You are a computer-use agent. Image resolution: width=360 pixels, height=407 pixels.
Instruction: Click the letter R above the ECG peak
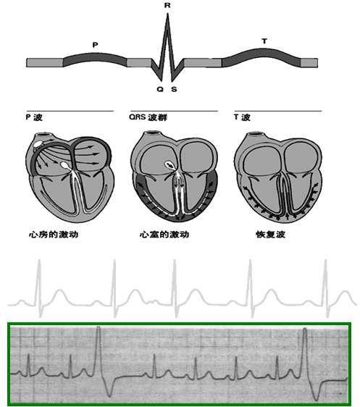[x=167, y=5]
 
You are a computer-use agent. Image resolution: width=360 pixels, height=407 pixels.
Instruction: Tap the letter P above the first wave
[x=96, y=45]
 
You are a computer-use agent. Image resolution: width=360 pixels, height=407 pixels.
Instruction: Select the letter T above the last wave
[x=264, y=41]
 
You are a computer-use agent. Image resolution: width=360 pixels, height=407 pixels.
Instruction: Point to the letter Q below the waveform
[x=160, y=89]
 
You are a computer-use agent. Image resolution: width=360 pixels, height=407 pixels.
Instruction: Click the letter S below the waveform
[x=174, y=89]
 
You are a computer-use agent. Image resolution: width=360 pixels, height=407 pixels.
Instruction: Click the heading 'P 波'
[x=34, y=117]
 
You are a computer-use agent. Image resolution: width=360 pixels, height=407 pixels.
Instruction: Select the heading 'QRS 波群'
[x=148, y=117]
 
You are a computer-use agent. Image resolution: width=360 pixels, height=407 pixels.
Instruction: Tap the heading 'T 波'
[x=242, y=117]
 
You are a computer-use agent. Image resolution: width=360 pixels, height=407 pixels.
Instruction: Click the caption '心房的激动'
[x=54, y=235]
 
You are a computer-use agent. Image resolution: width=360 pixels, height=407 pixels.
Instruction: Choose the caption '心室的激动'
[x=164, y=235]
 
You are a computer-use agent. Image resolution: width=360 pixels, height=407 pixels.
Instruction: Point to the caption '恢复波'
[x=270, y=235]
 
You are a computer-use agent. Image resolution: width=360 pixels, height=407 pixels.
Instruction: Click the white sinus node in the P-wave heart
[x=38, y=143]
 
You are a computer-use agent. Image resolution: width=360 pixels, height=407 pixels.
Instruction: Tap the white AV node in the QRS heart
[x=169, y=164]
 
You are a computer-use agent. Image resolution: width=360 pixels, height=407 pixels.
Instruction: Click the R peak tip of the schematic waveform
[x=167, y=14]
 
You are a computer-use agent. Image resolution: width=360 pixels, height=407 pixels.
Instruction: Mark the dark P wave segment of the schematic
[x=95, y=59]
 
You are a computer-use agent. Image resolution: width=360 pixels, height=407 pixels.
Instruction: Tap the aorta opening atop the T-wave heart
[x=256, y=134]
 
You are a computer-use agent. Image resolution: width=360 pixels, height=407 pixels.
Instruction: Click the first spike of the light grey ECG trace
[x=39, y=288]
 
